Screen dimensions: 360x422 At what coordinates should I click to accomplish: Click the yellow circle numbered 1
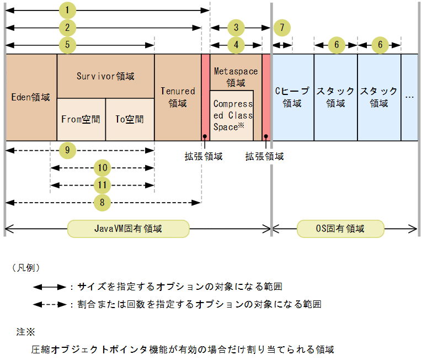point(67,10)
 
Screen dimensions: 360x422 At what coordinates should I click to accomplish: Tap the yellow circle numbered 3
point(236,27)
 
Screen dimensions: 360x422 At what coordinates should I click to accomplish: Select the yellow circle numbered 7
point(282,27)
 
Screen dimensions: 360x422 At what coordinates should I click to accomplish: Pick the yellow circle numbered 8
point(102,203)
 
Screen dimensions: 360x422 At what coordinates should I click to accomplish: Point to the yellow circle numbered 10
point(102,167)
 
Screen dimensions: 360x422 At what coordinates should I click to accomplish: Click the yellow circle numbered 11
point(102,185)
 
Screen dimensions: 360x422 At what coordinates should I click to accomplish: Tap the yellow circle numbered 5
point(67,45)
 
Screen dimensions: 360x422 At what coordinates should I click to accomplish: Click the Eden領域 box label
point(31,97)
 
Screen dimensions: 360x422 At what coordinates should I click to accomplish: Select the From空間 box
point(81,119)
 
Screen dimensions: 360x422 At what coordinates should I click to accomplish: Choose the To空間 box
point(130,119)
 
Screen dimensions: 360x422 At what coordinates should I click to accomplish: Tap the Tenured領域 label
point(178,97)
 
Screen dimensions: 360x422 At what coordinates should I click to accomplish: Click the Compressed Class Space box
point(232,115)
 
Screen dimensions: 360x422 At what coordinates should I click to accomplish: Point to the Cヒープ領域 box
point(292,97)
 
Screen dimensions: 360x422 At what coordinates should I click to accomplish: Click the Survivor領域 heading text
point(105,76)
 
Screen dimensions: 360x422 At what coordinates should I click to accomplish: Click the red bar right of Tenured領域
point(205,97)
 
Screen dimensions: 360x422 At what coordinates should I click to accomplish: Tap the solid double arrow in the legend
point(50,287)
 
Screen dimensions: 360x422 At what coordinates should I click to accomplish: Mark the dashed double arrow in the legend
point(50,304)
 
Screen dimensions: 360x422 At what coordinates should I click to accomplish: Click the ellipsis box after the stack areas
point(409,97)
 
